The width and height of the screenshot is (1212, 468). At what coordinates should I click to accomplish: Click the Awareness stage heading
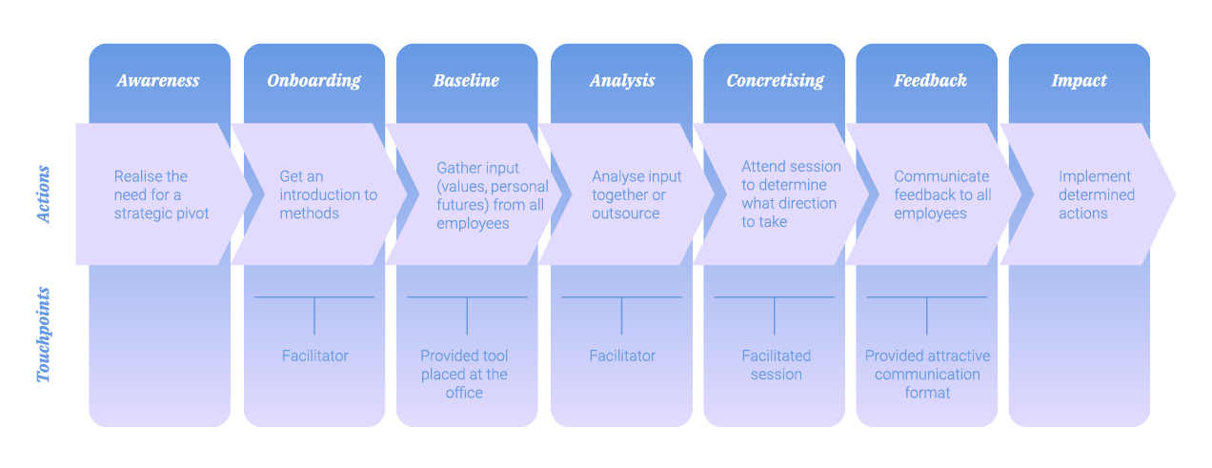tap(158, 81)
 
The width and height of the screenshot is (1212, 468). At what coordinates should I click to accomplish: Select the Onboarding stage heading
tap(313, 81)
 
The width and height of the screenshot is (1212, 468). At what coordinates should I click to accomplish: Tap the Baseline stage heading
tap(466, 81)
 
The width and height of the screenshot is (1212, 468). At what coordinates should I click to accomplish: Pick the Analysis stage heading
tap(622, 81)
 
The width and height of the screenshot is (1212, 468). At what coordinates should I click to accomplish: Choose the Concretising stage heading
tap(775, 81)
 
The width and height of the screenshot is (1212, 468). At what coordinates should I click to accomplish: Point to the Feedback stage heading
tap(930, 81)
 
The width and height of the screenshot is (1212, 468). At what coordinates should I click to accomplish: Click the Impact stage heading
tap(1079, 81)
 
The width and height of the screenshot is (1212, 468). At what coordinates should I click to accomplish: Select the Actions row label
tap(44, 194)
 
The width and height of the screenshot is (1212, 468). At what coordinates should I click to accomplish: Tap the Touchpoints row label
tap(44, 335)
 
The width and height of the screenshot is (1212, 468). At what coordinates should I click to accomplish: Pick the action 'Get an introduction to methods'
tap(328, 194)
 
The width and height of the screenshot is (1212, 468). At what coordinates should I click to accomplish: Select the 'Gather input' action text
tap(492, 194)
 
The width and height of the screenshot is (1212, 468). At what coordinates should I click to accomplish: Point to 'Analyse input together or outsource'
tap(636, 194)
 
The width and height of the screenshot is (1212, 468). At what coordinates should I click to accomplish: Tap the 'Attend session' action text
tap(791, 194)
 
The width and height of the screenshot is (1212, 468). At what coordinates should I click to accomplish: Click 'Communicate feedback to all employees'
tap(942, 194)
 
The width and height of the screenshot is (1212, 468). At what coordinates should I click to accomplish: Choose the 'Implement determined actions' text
tap(1097, 194)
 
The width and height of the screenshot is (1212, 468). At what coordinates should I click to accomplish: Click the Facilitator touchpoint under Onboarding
tap(314, 356)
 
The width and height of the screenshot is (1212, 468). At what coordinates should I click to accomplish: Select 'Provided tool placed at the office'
tap(464, 374)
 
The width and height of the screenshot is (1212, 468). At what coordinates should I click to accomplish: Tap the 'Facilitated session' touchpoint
tap(776, 365)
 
